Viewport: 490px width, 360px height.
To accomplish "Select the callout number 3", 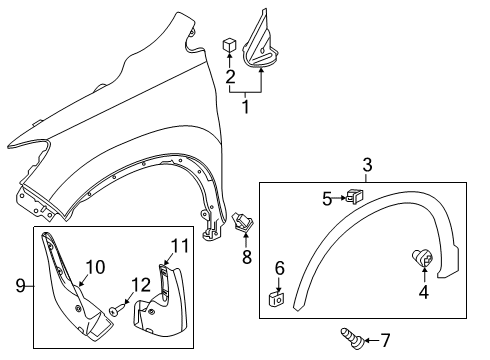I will click(x=367, y=164).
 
